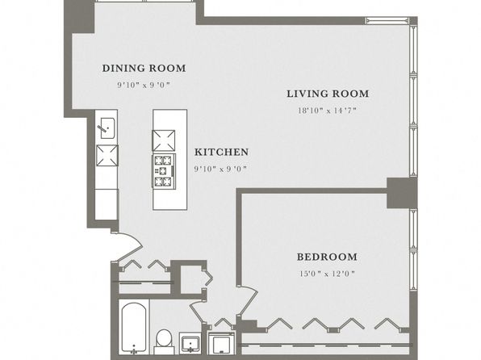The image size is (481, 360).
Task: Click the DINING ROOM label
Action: point(144,68)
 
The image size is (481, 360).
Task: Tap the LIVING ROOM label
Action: point(328,94)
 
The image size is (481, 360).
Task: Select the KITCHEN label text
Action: point(221,152)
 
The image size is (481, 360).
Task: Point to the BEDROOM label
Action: point(327,257)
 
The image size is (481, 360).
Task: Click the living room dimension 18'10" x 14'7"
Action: point(328,111)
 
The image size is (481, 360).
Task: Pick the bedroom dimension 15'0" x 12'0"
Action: point(327,274)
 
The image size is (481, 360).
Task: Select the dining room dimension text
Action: point(144,85)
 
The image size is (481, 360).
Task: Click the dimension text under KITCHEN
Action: point(220,169)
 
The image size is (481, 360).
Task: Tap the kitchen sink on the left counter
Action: point(107,128)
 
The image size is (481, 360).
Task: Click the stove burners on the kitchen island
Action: point(164,171)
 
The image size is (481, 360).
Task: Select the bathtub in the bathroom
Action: point(133,327)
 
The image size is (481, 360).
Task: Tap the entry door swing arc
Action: point(131,245)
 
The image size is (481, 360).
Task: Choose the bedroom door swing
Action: point(249,299)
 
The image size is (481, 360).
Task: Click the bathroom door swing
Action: point(196,310)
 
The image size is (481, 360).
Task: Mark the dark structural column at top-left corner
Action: point(79,16)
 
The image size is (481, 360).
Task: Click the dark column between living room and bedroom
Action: point(402,193)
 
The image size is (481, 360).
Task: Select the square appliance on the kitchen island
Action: point(164,140)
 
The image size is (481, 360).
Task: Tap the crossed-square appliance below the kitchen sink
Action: point(107,155)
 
